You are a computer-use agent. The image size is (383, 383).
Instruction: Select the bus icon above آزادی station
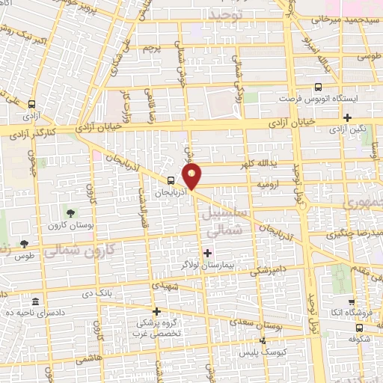[x=32, y=105]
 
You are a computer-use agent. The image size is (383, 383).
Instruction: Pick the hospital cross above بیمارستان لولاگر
[x=208, y=253]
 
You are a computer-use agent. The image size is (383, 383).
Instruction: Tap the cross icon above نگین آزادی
[x=348, y=117]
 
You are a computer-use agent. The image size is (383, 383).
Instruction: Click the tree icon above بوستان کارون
[x=73, y=215]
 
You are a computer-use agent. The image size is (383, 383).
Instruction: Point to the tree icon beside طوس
[x=25, y=243]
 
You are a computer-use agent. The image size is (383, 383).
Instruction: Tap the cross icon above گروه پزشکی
[x=156, y=311]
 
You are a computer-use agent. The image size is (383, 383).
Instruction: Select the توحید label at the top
[x=227, y=14]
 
